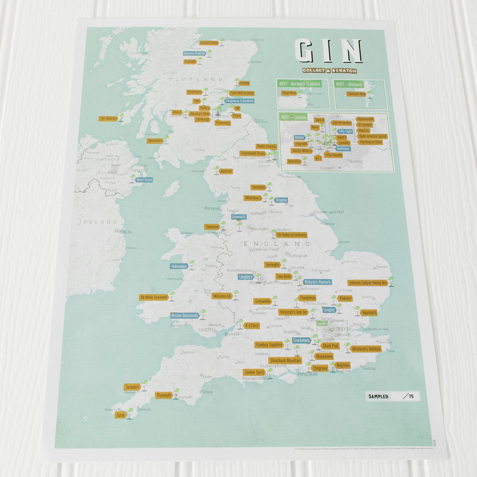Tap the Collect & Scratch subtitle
(x=329, y=71)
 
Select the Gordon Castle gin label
(x=209, y=43)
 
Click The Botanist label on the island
(x=108, y=119)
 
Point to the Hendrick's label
(x=155, y=141)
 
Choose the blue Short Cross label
(x=144, y=180)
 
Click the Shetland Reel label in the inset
(x=356, y=94)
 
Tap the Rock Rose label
(x=289, y=93)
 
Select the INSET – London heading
(x=293, y=117)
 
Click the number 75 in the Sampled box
(x=411, y=396)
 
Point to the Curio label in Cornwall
(x=121, y=415)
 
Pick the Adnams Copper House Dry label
(x=368, y=283)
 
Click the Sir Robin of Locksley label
(x=292, y=235)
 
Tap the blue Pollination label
(x=179, y=266)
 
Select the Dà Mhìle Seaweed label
(x=154, y=297)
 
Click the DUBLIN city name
(x=125, y=232)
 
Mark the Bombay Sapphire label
(x=269, y=345)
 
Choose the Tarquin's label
(x=132, y=387)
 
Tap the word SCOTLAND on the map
(x=196, y=79)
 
